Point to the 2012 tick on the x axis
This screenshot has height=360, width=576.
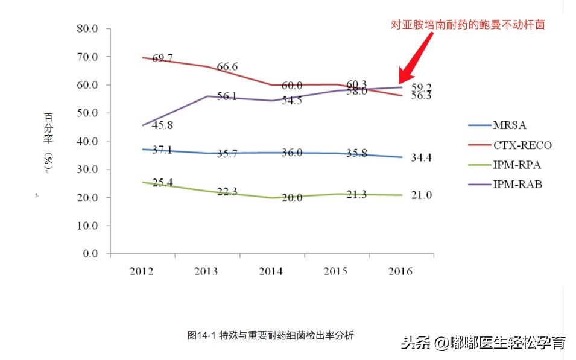pos(142,271)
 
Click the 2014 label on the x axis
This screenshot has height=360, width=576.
pos(271,271)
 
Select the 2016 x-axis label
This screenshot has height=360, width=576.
pos(400,271)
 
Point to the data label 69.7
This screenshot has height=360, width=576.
pos(162,58)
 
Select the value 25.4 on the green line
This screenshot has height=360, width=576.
pos(163,182)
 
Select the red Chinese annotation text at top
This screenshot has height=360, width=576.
pos(468,25)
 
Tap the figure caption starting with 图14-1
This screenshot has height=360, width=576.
pos(270,335)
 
